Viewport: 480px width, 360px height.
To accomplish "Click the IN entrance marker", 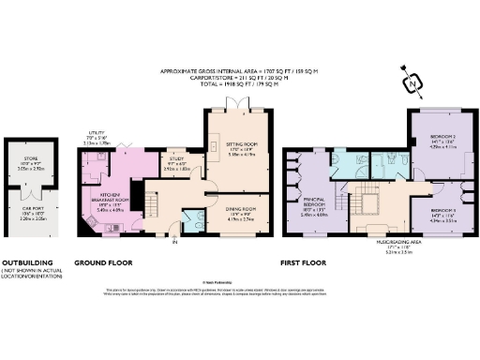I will [x=174, y=243].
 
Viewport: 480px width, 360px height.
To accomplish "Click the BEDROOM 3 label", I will [x=442, y=212].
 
